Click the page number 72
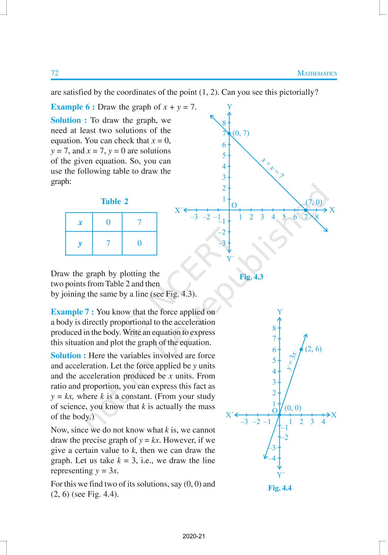coord(55,73)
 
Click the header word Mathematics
coord(317,73)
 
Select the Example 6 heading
coord(73,107)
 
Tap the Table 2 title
coord(115,201)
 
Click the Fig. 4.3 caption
coord(251,277)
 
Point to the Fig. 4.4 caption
coord(280,488)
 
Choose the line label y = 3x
coord(292,361)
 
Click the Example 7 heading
coord(72,312)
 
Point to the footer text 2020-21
coord(194,536)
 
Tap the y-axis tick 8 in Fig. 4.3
coord(224,123)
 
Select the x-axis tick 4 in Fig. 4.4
coord(323,421)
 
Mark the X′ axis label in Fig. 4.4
coord(229,415)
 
